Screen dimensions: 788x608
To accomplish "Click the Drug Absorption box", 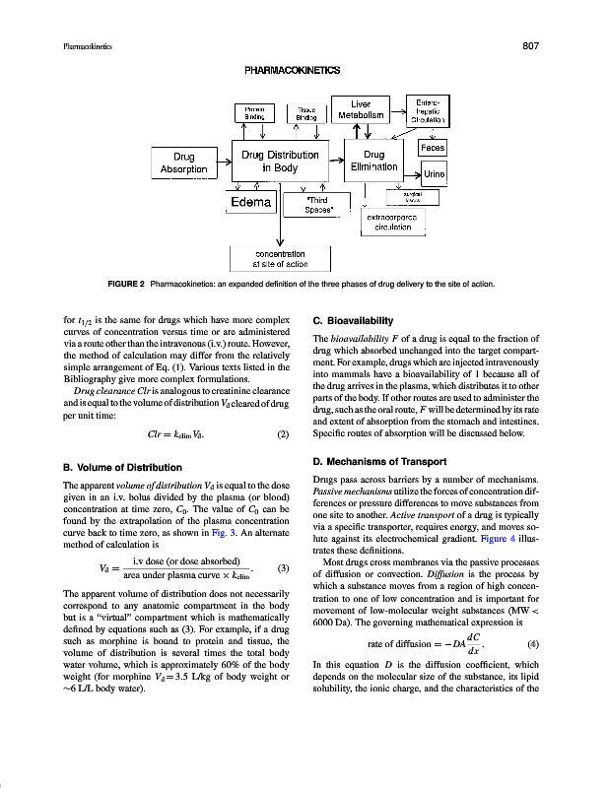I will [183, 164].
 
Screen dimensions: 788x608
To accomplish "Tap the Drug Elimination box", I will [374, 162].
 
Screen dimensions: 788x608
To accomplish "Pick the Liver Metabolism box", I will [361, 109].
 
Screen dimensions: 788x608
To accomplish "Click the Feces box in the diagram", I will [433, 147].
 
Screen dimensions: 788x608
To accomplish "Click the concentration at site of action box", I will [281, 259].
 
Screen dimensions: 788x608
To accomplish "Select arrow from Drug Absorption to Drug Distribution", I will [223, 157].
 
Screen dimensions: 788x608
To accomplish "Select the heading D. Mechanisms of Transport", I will [378, 462].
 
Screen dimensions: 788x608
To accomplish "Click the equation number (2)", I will [283, 433].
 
